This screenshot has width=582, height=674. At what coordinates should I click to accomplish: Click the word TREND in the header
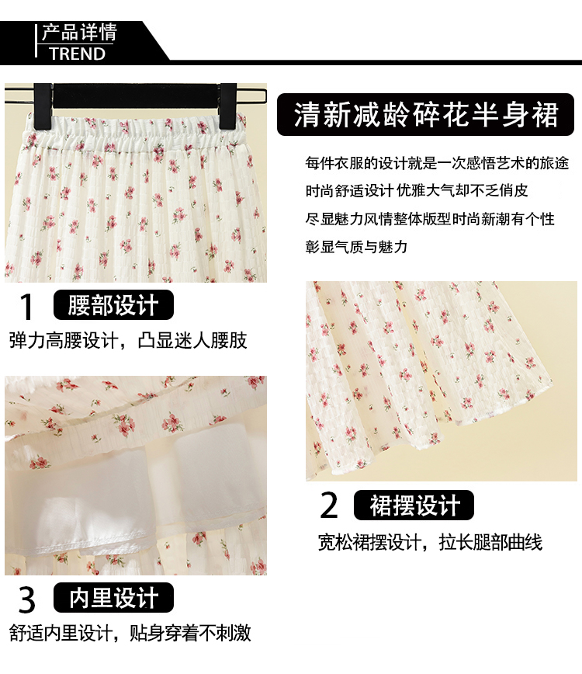coord(78,54)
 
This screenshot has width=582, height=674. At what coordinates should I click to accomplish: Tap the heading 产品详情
coord(79,33)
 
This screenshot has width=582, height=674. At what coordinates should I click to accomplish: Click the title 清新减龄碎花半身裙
coord(426,115)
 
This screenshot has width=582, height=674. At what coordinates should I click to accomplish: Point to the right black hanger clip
coord(227,106)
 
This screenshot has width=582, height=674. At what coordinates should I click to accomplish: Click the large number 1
coord(26,307)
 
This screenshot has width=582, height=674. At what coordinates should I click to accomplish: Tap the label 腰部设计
coord(113,304)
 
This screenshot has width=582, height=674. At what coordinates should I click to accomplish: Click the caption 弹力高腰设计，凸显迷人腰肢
coord(128,340)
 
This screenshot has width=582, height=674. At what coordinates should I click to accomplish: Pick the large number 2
coord(330,505)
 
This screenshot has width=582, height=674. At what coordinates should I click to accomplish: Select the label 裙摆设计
coord(414,505)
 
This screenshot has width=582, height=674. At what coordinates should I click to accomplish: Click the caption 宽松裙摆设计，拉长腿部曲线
coord(430,543)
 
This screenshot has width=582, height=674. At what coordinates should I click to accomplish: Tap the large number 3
coord(26,599)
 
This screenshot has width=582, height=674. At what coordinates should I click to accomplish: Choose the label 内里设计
coord(113,597)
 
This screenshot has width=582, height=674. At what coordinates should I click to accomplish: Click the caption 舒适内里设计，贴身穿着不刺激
coord(130,633)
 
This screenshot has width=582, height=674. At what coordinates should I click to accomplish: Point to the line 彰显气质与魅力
coord(356,247)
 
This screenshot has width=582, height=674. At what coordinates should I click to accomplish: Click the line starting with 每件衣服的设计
coord(437,163)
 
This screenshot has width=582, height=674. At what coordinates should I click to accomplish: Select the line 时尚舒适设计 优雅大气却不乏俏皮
coord(417,190)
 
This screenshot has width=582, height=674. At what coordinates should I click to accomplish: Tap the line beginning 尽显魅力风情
coord(430,219)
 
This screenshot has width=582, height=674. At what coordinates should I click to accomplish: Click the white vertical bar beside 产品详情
coord(36,41)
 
